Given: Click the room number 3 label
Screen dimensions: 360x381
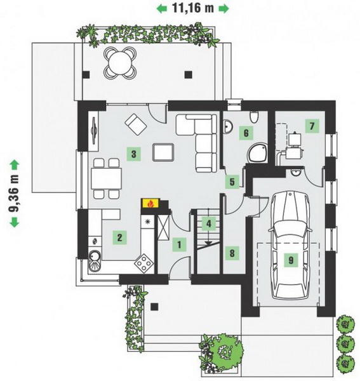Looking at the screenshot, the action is [133, 154].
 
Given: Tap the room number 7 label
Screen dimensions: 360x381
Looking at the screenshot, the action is [312, 126].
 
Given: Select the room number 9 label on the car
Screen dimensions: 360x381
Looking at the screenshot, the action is [291, 260].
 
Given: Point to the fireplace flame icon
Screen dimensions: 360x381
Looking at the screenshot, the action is [150, 204].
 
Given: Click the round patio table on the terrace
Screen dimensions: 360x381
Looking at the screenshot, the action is [120, 63].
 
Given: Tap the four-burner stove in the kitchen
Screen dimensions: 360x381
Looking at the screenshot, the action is [144, 263].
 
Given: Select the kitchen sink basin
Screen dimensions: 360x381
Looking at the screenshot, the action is [95, 261].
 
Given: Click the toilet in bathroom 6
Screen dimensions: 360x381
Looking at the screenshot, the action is [254, 117].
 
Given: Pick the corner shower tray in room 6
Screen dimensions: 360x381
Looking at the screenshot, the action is [258, 152].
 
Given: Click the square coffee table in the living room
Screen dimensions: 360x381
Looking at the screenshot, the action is [163, 152].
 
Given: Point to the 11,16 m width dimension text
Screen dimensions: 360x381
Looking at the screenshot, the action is [193, 8].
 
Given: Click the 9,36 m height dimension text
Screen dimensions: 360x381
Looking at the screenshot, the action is [15, 194].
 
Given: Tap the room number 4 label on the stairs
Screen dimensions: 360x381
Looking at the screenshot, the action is [209, 224].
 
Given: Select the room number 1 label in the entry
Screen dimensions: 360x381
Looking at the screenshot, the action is [179, 244].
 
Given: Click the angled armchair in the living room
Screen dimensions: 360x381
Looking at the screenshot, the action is [136, 124].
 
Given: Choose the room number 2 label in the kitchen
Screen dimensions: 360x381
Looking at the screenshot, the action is [119, 237].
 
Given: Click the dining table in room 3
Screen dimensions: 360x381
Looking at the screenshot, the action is [107, 178].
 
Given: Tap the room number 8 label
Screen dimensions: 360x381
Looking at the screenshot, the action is [232, 253].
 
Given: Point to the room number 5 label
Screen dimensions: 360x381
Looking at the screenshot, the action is [232, 182].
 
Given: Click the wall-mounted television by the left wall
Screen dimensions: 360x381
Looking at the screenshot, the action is [94, 131].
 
